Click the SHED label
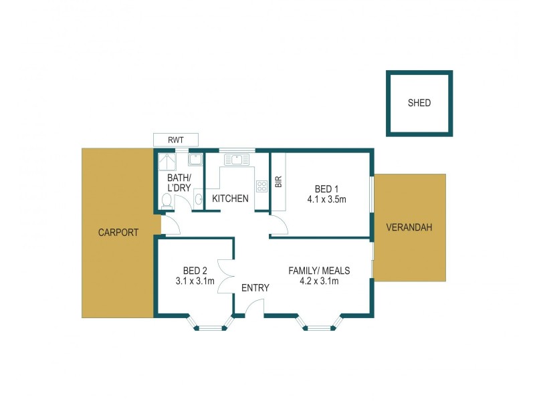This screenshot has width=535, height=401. (419, 103)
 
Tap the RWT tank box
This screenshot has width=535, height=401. (176, 140)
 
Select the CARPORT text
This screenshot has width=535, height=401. (118, 233)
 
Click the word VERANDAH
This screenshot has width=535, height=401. (409, 227)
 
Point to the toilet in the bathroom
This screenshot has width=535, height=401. (167, 200)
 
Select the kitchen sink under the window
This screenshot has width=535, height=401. (237, 159)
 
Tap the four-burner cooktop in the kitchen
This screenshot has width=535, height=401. (261, 186)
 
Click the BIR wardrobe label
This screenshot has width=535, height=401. (278, 182)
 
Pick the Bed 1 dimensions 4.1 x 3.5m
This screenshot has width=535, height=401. (325, 198)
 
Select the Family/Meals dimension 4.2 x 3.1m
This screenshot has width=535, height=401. (319, 281)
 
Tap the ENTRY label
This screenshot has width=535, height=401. (255, 288)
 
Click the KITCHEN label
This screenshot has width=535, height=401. (230, 198)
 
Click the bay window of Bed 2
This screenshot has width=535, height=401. (211, 323)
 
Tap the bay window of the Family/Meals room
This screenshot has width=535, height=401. (319, 323)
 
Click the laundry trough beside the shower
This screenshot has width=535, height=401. (196, 159)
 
